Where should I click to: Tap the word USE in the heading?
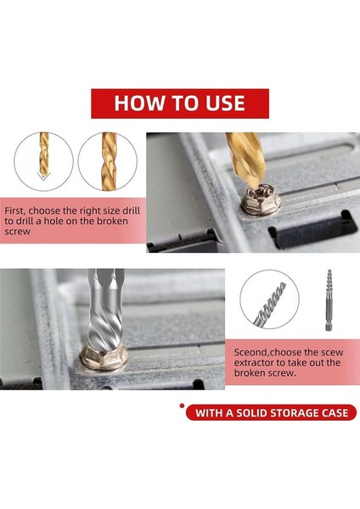(225, 103)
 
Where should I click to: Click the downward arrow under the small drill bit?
(43, 176)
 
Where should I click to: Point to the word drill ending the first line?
(131, 210)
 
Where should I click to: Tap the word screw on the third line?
(17, 232)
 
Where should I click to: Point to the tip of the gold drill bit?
(256, 186)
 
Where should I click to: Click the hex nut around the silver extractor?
(104, 357)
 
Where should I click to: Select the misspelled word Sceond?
(251, 353)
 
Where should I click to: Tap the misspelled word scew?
(332, 353)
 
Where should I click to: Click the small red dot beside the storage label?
(182, 406)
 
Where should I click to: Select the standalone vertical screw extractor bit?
(329, 300)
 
